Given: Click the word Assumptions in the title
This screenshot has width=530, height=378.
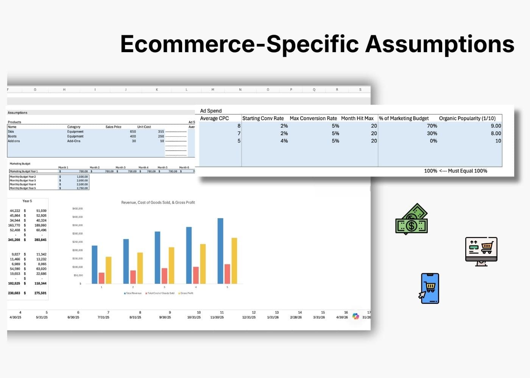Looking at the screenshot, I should tap(440, 44).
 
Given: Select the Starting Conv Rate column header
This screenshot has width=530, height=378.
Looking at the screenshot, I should tap(263, 118).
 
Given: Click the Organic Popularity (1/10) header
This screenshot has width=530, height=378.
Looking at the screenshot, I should tap(467, 118).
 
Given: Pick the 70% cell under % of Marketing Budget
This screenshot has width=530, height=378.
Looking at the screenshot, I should tap(432, 126).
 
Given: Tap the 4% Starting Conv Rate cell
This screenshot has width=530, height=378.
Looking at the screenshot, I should tap(284, 141).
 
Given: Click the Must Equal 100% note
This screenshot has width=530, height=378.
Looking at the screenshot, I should tap(468, 171).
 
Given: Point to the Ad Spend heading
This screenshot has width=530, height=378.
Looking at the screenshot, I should tap(211, 111).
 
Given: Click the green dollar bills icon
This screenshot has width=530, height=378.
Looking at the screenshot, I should tap(412, 219).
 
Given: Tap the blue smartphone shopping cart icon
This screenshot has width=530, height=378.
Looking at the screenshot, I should tap(430, 288).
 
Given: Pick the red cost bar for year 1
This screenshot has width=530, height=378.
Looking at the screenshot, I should tap(101, 278).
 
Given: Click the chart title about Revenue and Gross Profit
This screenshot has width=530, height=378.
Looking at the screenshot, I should tap(158, 203).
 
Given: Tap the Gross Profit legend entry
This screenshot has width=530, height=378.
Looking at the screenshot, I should tap(186, 293).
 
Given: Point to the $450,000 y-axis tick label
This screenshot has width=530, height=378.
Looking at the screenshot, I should tap(77, 209).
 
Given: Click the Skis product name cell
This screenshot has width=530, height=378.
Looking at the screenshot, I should tap(11, 132).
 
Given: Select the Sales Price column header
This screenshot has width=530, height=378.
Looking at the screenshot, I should tap(113, 127).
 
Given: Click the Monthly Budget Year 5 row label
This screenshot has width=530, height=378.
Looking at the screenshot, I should tap(23, 188).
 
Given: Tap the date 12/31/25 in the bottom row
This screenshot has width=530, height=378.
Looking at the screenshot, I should tap(249, 317).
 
